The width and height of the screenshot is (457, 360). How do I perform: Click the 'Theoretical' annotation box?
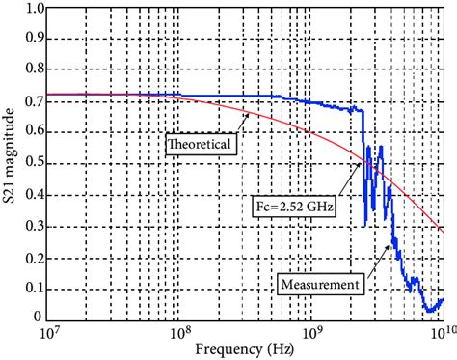200,145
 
